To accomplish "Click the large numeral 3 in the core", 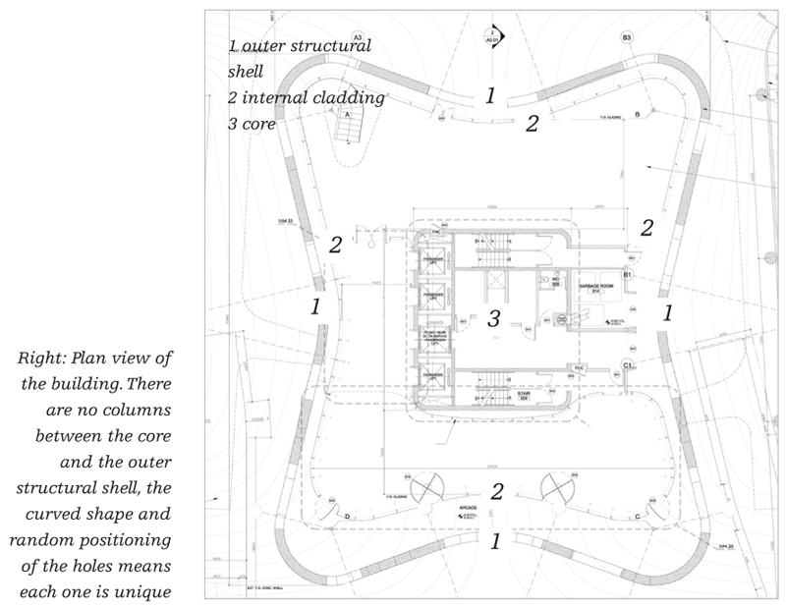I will pyautogui.click(x=494, y=318).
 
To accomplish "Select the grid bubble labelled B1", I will pyautogui.click(x=626, y=276).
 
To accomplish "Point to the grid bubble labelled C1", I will pyautogui.click(x=626, y=365).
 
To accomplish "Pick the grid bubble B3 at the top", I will pyautogui.click(x=626, y=37).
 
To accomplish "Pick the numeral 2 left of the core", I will pyautogui.click(x=335, y=246).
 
